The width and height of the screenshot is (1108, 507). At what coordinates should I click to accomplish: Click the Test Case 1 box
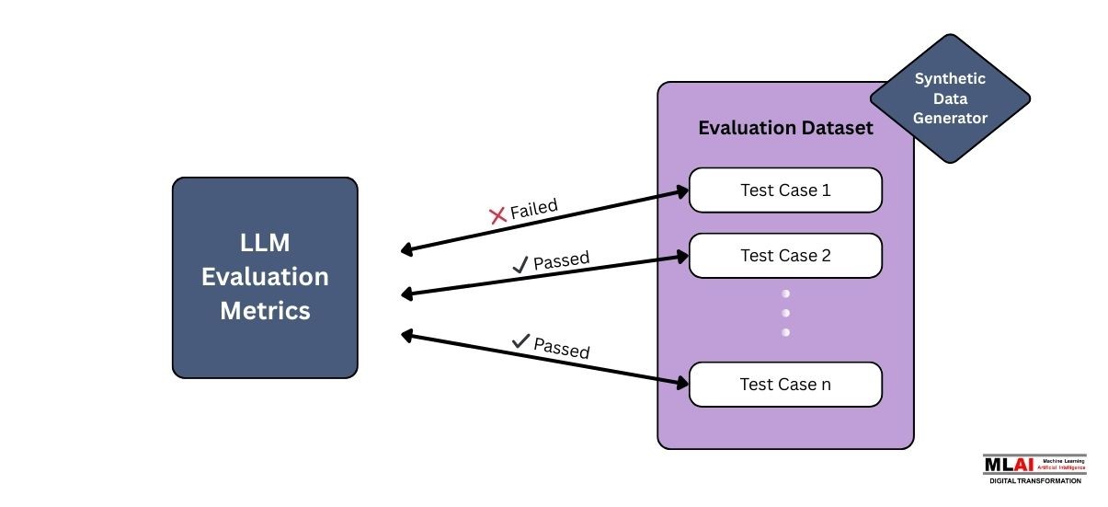click(x=785, y=190)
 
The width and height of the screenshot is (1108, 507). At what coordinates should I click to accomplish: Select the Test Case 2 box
click(x=785, y=256)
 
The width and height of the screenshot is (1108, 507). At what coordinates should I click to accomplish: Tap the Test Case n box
click(x=785, y=385)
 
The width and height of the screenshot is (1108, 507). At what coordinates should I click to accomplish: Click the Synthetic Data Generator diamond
click(x=949, y=98)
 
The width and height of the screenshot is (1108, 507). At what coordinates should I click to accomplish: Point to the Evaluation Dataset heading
click(x=785, y=128)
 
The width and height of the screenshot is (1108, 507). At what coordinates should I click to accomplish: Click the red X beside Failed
click(x=497, y=215)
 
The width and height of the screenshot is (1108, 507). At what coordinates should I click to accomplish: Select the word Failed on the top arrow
click(x=534, y=207)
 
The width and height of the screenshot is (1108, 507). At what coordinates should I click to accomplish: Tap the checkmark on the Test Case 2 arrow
click(x=520, y=265)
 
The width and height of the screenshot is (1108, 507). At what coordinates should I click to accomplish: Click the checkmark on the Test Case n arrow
click(x=521, y=341)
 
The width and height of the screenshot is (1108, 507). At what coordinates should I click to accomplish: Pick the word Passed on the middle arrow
click(x=562, y=259)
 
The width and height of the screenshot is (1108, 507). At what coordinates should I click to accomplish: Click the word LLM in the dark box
click(x=265, y=243)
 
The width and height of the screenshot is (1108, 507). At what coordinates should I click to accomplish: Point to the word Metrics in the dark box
click(x=265, y=310)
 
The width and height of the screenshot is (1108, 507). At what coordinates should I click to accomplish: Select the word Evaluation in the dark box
click(x=265, y=276)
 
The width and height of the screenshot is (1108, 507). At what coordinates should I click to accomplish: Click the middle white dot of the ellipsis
click(x=785, y=313)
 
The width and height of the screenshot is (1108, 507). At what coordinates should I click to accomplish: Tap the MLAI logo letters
click(x=1007, y=465)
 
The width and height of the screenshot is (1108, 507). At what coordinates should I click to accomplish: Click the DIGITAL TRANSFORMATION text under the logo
click(x=1034, y=480)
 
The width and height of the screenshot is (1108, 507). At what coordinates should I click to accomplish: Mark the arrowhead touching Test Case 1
click(x=682, y=191)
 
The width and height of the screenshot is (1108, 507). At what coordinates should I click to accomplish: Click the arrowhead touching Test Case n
click(x=682, y=381)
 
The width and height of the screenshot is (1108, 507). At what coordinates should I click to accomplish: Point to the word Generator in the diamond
click(x=950, y=118)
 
